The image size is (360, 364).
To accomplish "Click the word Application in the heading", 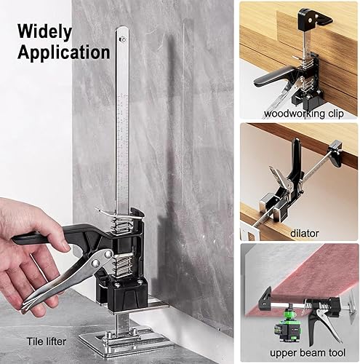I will pos(64,52).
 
